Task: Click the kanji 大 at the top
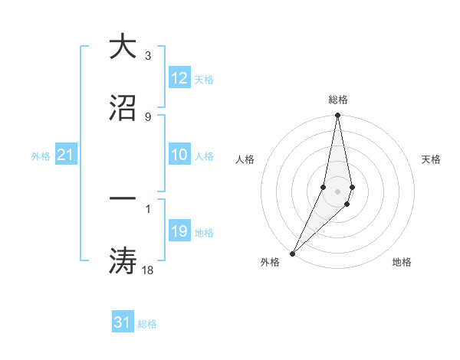coord(123,47)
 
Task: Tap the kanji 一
coord(123,198)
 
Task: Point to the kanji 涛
coord(123,260)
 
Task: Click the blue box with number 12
coord(179,78)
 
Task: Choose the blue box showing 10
coord(179,155)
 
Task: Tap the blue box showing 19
coord(179,231)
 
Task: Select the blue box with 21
coord(66,155)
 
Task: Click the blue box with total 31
coord(123,322)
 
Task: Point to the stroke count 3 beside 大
coord(147,56)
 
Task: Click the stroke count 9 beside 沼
coord(147,116)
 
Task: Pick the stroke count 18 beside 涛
coord(149,269)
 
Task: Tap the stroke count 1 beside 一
coord(147,208)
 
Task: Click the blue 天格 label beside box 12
coord(204,79)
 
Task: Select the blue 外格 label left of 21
coord(41,155)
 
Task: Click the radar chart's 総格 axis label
coord(338,99)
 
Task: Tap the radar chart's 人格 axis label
coord(245,159)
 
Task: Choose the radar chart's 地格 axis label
coord(402,263)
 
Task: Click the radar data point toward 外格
coord(292,252)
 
